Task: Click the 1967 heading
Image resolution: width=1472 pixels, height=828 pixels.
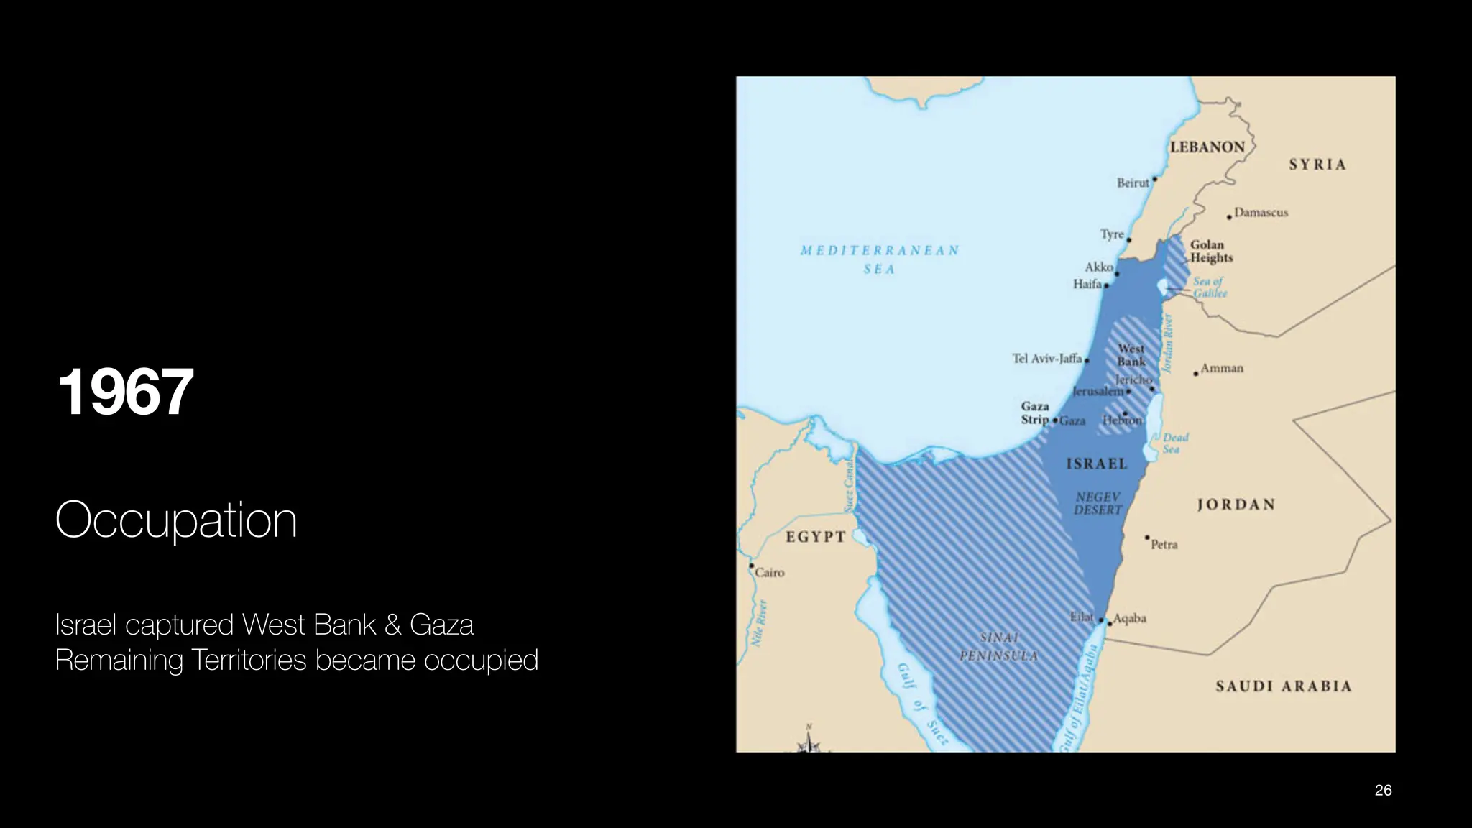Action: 125,392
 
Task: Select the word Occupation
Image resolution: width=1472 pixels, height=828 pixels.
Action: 176,520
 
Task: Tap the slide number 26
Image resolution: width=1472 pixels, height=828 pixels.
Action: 1383,791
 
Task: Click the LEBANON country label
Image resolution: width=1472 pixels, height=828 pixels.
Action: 1207,147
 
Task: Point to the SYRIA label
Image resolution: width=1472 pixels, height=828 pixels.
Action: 1317,165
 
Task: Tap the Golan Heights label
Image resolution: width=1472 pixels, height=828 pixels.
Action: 1211,251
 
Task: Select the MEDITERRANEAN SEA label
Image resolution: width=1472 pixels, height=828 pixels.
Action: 880,259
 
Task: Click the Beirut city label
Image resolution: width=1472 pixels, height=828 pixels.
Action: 1133,183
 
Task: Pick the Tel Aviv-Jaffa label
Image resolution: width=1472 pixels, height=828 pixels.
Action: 1046,359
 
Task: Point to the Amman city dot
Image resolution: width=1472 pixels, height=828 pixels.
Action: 1196,374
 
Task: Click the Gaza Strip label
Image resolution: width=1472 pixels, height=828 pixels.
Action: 1035,413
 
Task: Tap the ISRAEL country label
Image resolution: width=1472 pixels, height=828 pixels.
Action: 1097,464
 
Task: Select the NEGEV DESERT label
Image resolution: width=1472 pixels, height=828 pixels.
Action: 1098,503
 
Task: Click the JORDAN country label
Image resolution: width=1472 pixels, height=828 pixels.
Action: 1236,505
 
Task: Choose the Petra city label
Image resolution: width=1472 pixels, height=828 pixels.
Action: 1164,545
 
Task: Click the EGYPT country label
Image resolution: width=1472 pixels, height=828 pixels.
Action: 816,537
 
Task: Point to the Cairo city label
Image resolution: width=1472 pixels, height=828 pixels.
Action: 770,573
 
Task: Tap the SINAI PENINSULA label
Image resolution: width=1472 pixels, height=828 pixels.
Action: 999,647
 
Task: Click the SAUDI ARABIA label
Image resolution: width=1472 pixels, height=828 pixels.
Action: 1284,686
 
